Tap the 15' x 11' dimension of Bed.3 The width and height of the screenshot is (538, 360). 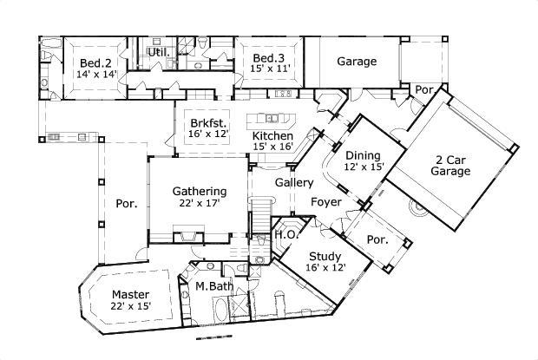(270, 69)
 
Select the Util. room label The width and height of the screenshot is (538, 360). (159, 52)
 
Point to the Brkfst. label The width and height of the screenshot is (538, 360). (208, 122)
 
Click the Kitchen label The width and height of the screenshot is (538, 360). (272, 136)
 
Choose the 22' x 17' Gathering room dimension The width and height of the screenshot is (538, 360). (200, 203)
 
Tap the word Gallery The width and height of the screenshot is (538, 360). (294, 183)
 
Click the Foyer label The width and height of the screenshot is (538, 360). (326, 202)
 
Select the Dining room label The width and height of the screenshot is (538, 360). (363, 155)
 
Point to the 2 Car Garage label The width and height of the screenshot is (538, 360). (450, 166)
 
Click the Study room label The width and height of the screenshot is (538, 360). (325, 257)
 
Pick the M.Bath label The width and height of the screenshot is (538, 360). (214, 286)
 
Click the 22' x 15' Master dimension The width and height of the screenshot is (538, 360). (131, 306)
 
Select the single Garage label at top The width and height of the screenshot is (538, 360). (357, 62)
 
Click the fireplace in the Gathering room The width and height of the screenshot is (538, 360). (188, 237)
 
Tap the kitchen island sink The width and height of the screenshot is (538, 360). (272, 119)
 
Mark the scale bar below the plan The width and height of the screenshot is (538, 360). (213, 338)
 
